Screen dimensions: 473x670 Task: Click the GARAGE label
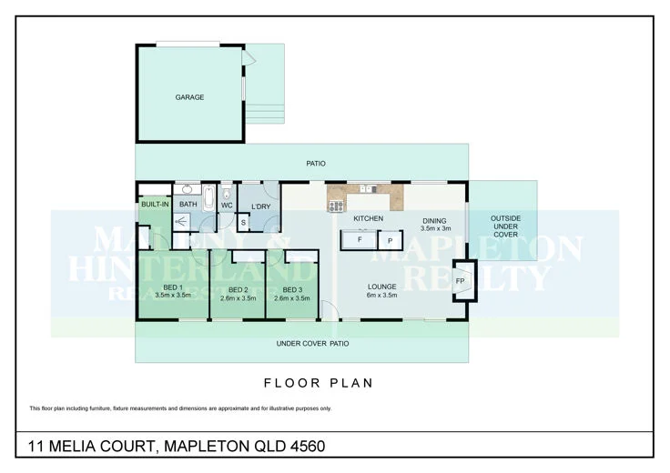tap(189, 97)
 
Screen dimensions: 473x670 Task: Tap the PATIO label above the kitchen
tap(316, 164)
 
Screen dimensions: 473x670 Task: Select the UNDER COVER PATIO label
tap(313, 344)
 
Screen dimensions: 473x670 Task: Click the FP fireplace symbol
tap(461, 281)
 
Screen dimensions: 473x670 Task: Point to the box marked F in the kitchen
tap(360, 241)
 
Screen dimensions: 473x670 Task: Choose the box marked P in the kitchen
tap(390, 241)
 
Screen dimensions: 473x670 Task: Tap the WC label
tap(228, 205)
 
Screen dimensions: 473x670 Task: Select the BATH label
tap(188, 205)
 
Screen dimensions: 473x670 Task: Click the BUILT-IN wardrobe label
tap(154, 205)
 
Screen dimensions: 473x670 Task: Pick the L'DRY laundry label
tap(259, 206)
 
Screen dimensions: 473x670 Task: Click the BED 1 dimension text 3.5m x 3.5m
tap(172, 295)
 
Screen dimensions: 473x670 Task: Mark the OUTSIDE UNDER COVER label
tap(505, 226)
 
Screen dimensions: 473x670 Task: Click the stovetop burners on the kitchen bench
tap(335, 205)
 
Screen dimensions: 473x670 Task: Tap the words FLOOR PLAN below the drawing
tap(318, 383)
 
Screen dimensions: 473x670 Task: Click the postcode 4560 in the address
tap(305, 446)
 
